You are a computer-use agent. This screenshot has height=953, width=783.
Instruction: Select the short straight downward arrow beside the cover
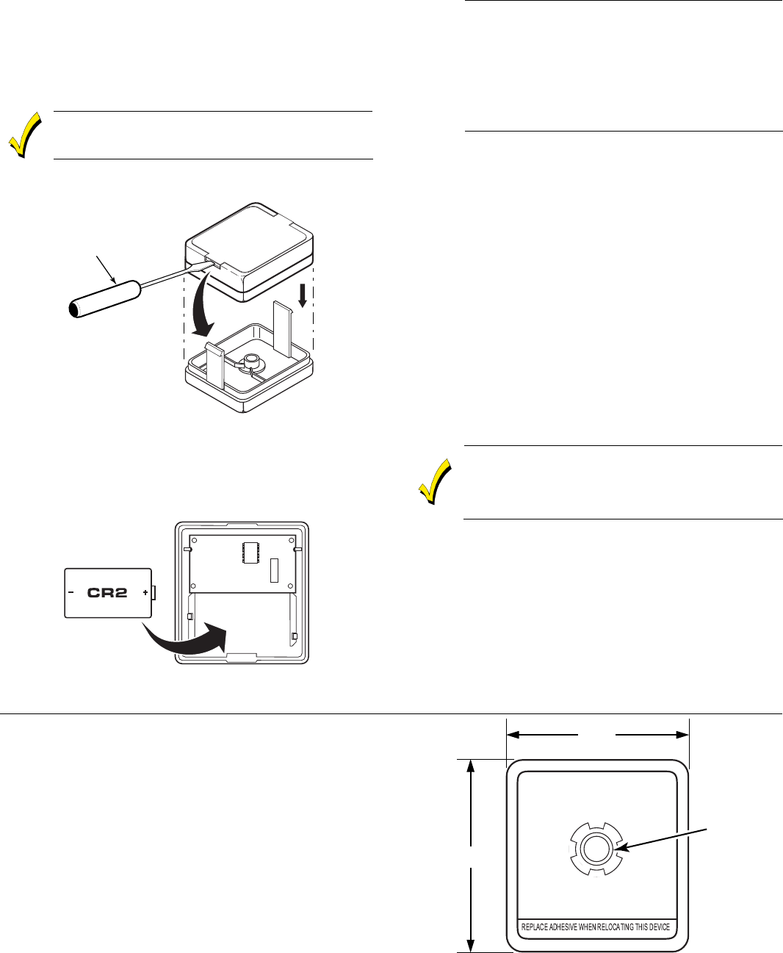tap(302, 294)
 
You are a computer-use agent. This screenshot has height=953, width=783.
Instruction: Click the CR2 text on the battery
tap(107, 591)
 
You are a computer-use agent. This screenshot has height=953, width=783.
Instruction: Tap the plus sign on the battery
tap(145, 592)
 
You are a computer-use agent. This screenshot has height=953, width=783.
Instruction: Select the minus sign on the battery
tap(71, 592)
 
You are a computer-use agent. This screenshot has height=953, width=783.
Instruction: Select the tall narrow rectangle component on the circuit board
tap(275, 570)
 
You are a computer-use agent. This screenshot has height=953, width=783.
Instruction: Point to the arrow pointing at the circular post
tap(661, 838)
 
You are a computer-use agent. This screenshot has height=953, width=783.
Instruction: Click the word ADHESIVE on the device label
tap(562, 927)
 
